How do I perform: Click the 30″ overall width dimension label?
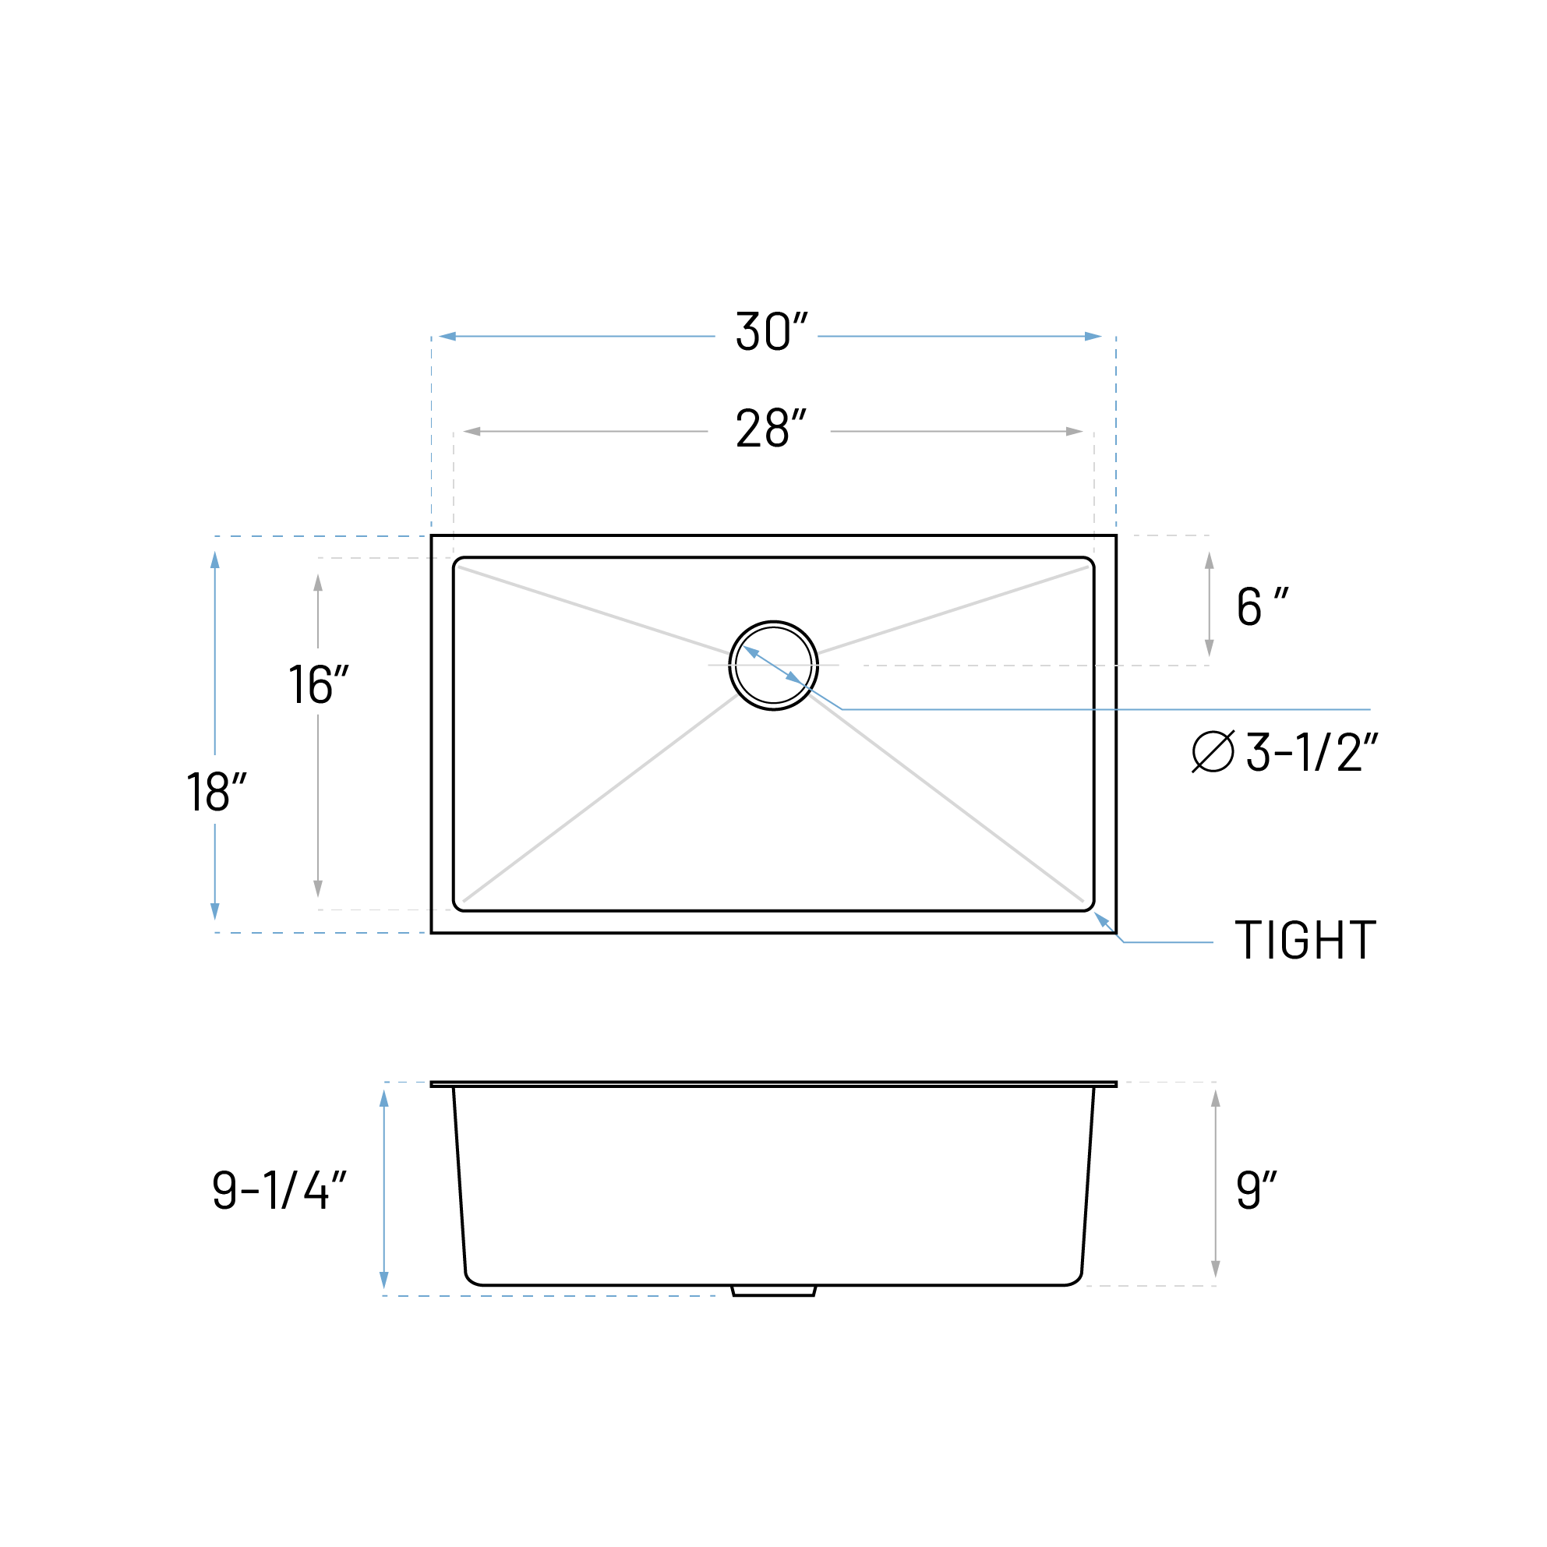770,331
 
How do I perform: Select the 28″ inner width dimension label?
770,428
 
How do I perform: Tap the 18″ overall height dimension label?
215,792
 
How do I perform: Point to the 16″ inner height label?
318,683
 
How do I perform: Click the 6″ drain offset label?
1261,606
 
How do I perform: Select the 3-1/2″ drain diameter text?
1311,753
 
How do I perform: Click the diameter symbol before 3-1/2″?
1213,752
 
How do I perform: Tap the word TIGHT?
1305,940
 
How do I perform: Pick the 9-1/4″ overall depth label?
279,1190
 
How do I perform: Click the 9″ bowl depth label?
1256,1190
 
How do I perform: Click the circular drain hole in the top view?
773,666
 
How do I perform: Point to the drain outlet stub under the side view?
773,1291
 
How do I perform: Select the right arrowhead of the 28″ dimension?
1074,432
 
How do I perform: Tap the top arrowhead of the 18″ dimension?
214,560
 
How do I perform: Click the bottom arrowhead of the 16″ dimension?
318,888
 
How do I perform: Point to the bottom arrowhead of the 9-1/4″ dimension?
384,1280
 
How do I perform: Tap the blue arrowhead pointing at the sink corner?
1102,919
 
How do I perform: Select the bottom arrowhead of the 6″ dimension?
1209,648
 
